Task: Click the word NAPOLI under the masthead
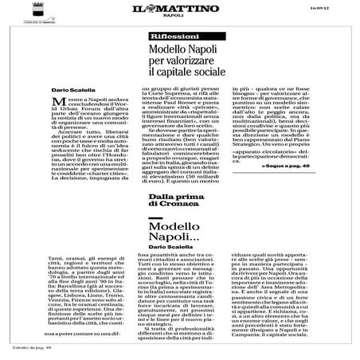(x=181, y=22)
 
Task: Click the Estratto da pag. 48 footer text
(x=29, y=351)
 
